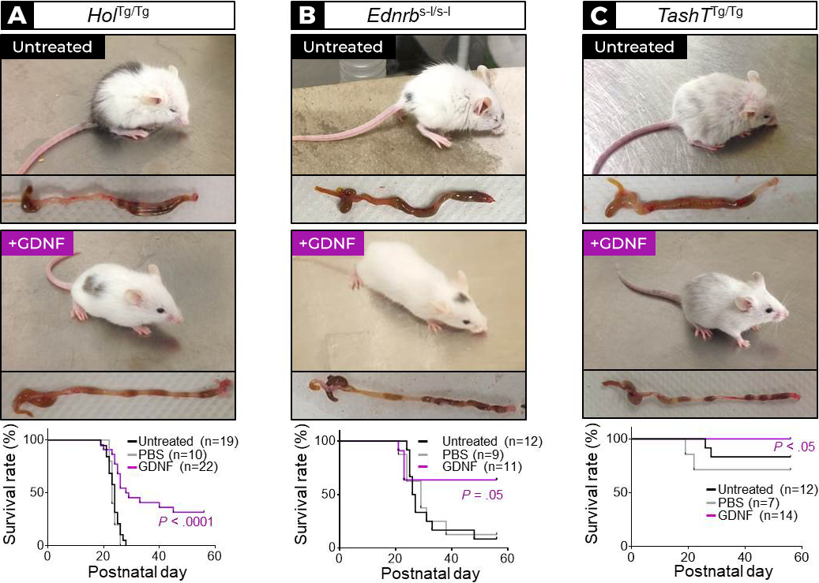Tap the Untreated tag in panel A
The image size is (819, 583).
(x=53, y=47)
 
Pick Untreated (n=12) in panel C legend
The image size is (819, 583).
(x=750, y=490)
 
